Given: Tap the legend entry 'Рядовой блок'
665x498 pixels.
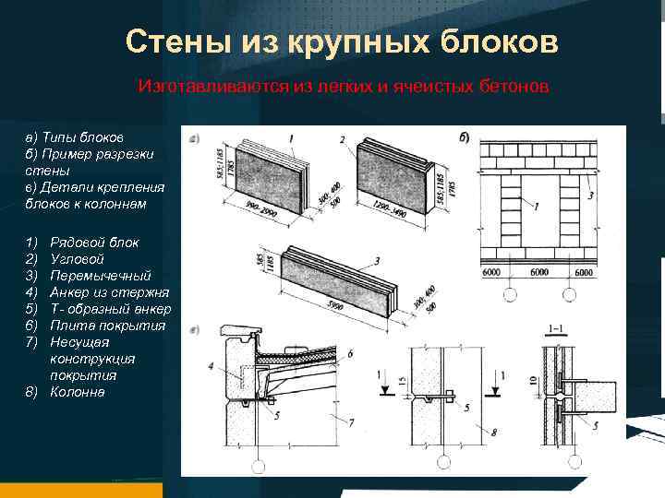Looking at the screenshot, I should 94,243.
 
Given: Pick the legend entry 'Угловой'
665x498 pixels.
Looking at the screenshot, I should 76,259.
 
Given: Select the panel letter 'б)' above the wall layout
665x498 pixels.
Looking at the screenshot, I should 463,138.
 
